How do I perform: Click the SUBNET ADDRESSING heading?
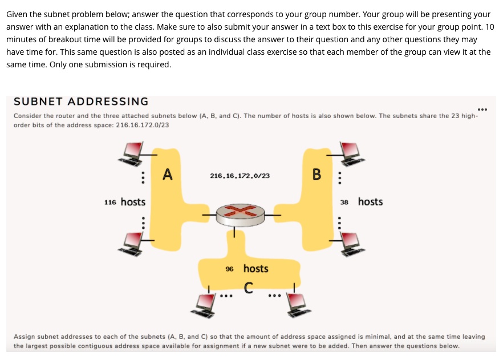[x=81, y=102]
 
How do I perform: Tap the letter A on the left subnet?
[x=167, y=173]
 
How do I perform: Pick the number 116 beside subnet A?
[x=111, y=203]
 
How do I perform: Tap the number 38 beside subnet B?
[x=344, y=202]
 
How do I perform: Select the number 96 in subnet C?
[x=229, y=269]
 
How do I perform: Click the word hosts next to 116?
[x=133, y=202]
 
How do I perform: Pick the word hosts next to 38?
[x=370, y=202]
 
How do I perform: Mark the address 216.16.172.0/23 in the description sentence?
[x=142, y=125]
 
